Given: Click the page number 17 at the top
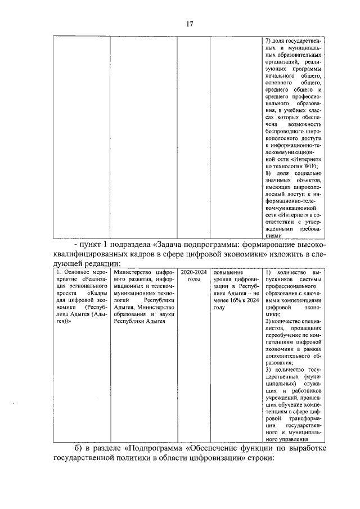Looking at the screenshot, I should coord(190,24).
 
